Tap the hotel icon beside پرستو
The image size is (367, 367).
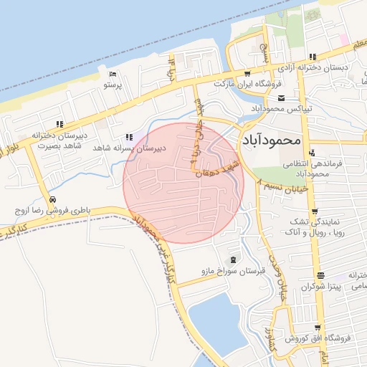(113, 74)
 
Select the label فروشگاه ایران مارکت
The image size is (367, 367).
(244, 84)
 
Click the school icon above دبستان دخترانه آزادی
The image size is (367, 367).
(313, 57)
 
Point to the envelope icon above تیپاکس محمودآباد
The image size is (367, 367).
(281, 98)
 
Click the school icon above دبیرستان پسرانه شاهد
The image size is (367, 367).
(129, 137)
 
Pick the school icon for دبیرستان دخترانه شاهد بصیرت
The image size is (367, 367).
(59, 124)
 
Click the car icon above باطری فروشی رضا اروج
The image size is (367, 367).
(52, 200)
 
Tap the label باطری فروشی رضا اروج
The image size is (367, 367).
(52, 211)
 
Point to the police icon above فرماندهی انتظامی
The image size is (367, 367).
(313, 153)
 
